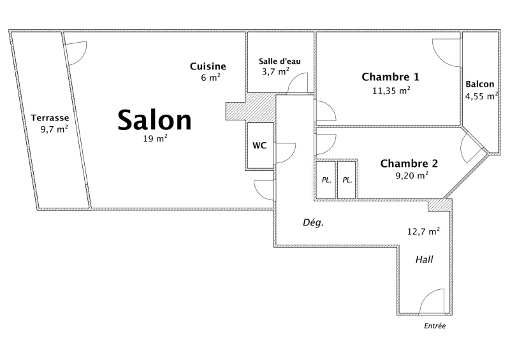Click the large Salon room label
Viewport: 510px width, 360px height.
coord(154,120)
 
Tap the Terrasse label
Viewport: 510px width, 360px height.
coord(50,118)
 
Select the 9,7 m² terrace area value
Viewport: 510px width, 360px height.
coord(54,129)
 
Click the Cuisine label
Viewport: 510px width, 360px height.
coord(208,66)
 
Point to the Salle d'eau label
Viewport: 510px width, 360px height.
coord(280,61)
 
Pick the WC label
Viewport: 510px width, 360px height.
coord(259,145)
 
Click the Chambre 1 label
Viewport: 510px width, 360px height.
coord(390,76)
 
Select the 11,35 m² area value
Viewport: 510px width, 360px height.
coord(391,90)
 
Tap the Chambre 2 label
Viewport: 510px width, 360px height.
coord(409,163)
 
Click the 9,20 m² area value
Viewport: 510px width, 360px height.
coord(412,175)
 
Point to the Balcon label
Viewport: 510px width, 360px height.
coord(480,84)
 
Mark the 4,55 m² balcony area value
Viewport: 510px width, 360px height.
coord(481,96)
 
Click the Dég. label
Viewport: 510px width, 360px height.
coord(313,223)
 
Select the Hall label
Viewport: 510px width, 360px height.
coord(425,259)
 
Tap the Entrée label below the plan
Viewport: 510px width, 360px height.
coord(435,326)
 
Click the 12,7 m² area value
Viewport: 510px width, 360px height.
coord(423,231)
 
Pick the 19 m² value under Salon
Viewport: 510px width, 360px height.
coord(155,138)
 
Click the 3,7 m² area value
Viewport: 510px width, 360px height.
coord(276,71)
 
